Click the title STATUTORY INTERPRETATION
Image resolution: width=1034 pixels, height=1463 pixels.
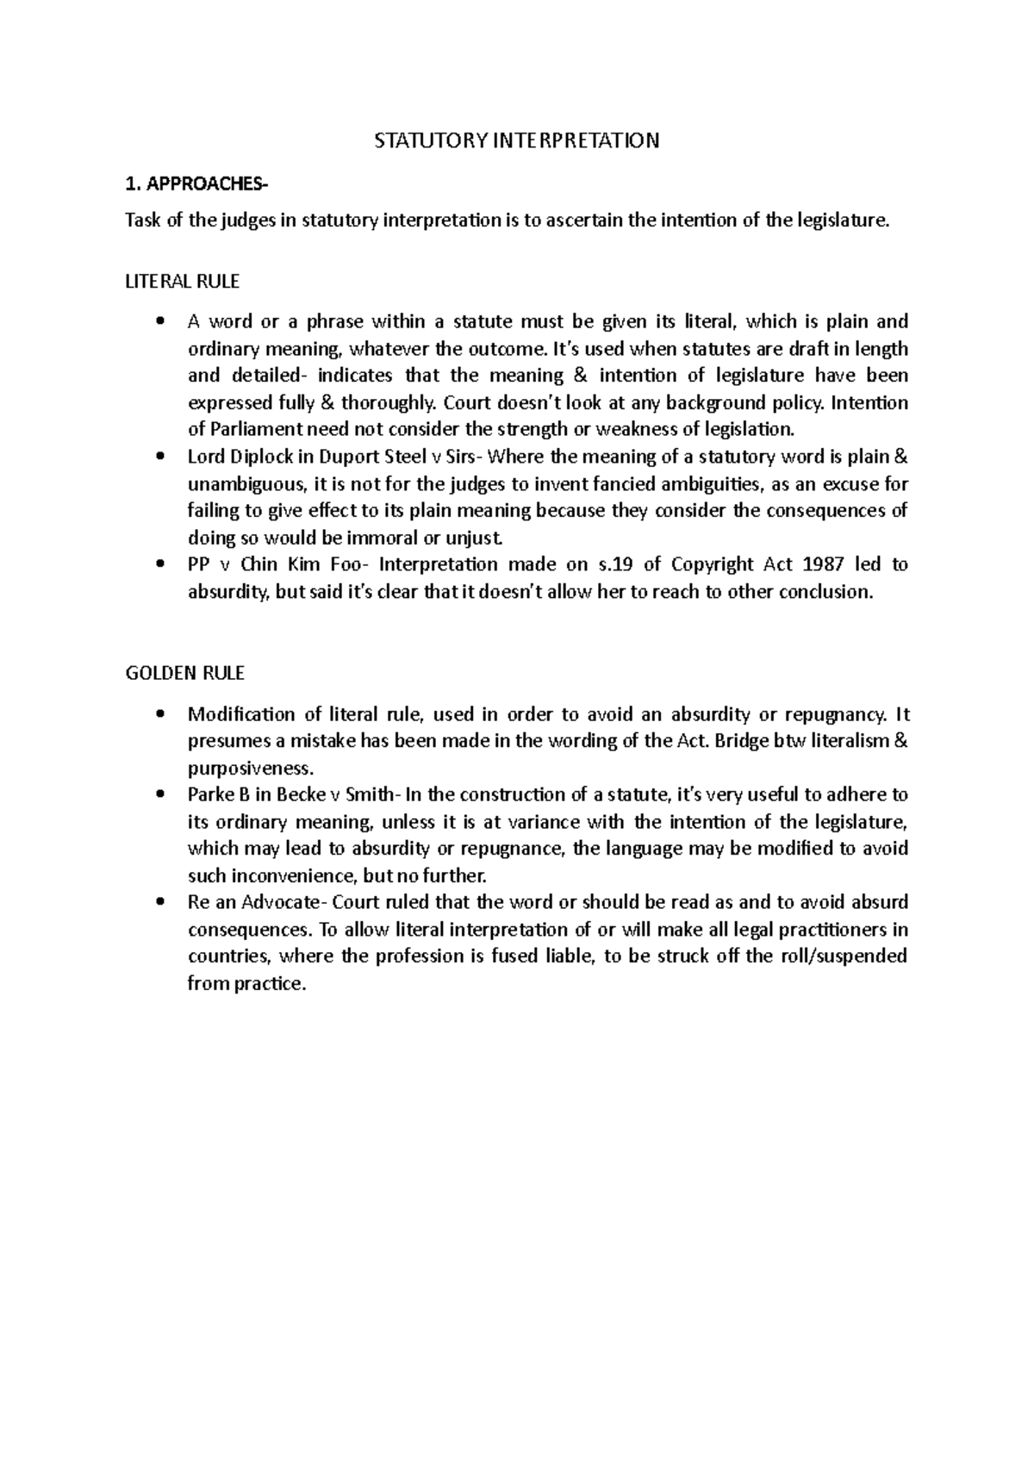[x=516, y=140]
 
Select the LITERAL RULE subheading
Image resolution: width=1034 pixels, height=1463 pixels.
[x=183, y=281]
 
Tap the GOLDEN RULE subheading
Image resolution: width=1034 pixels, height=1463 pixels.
[x=185, y=672]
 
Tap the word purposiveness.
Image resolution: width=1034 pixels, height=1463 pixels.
[x=247, y=768]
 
